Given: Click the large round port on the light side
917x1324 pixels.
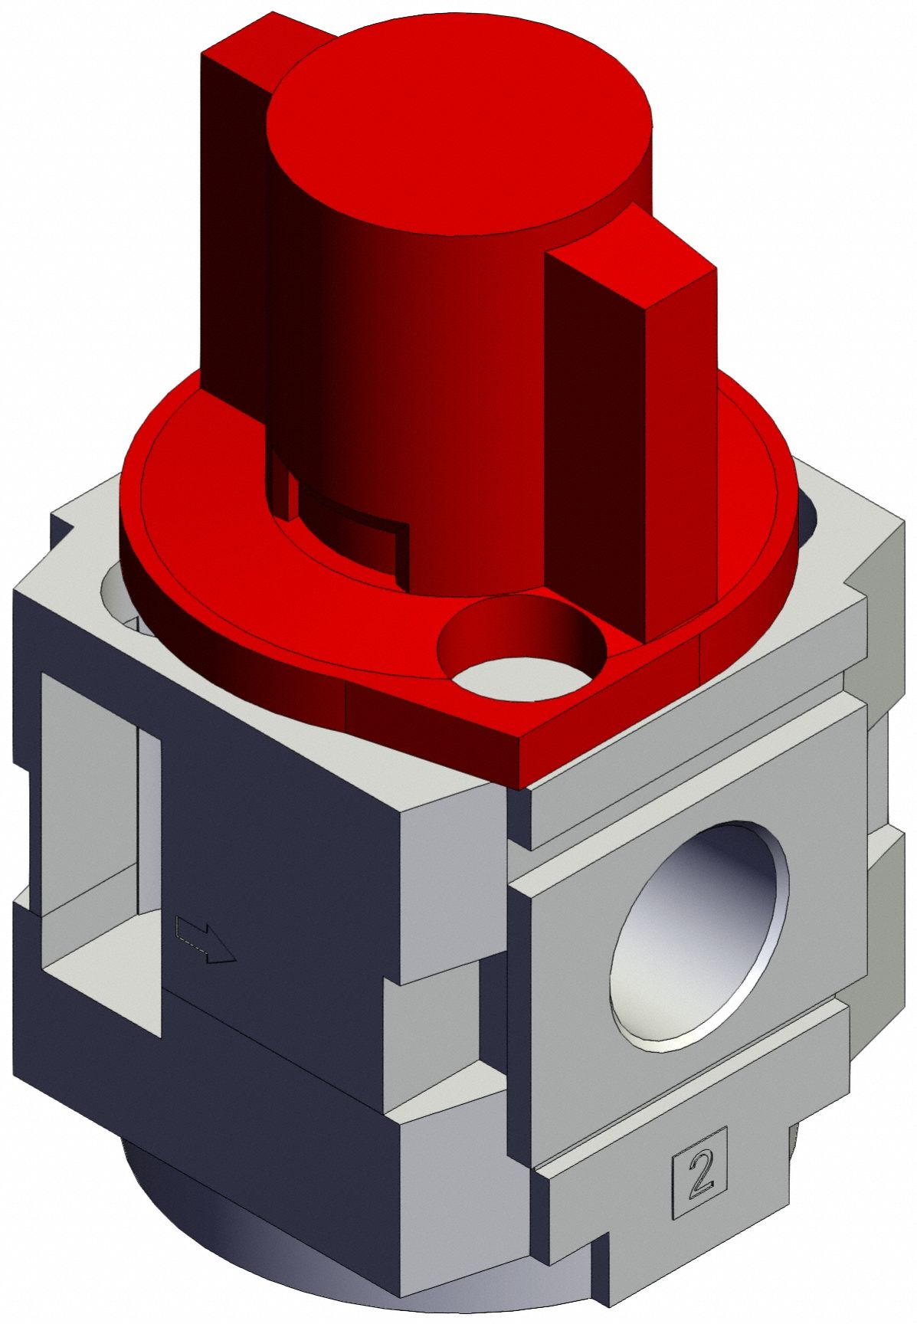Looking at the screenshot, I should [x=699, y=933].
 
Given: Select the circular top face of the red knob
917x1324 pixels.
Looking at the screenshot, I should [x=458, y=123].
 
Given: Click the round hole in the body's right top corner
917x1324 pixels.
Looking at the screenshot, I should [x=808, y=521].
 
